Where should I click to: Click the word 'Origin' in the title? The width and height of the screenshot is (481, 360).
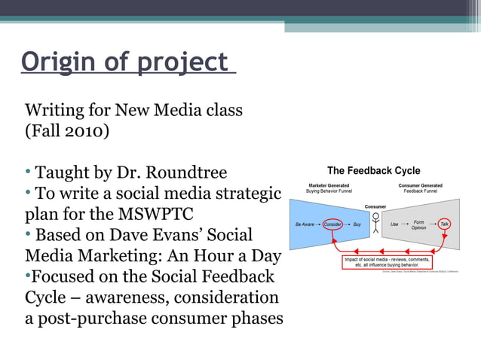click(x=57, y=63)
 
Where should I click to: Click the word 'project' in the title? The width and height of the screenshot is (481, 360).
click(x=181, y=63)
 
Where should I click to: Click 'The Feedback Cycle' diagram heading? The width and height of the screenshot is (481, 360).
click(x=373, y=171)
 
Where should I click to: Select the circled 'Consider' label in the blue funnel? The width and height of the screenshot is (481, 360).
click(x=333, y=224)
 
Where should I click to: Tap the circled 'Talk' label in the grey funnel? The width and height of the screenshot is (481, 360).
click(x=445, y=224)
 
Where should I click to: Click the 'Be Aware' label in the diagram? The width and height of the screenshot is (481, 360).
click(x=305, y=224)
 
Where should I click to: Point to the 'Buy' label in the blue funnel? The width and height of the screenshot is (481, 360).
click(x=357, y=224)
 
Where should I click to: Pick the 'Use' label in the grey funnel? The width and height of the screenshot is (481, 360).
click(x=394, y=224)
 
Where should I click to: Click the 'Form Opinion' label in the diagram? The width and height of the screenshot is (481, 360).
click(x=418, y=224)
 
